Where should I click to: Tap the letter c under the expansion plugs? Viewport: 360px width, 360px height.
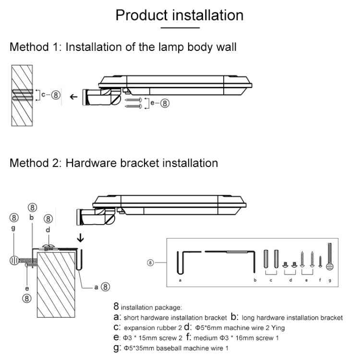tap(270, 279)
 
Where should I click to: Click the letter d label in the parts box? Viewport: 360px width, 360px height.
tap(290, 279)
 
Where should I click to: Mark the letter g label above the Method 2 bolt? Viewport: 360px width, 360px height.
tap(13, 228)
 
